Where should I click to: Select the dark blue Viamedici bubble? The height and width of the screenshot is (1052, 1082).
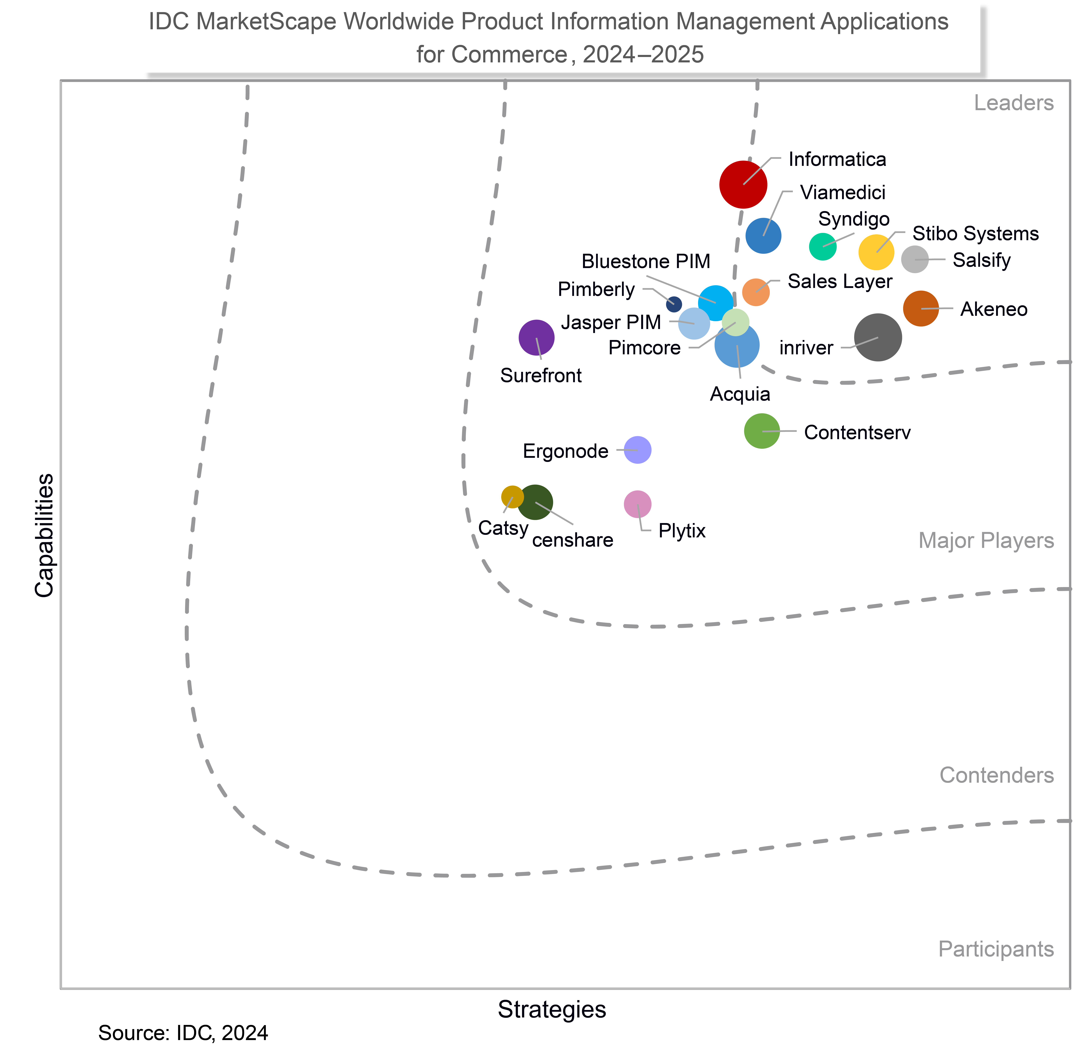click(763, 236)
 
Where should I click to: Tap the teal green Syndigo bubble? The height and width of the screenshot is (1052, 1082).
click(822, 246)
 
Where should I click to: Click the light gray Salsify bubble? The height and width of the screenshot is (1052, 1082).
click(915, 259)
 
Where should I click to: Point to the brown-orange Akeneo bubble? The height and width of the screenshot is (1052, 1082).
click(921, 308)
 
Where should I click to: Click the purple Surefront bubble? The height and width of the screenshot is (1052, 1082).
click(536, 338)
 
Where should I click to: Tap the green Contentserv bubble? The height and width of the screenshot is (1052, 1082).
click(762, 431)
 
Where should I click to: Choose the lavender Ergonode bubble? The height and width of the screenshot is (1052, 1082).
click(637, 450)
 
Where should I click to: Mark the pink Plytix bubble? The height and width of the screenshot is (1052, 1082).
click(637, 504)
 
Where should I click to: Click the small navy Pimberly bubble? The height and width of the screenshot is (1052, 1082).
click(674, 304)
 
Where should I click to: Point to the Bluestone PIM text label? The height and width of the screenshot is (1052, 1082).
click(646, 261)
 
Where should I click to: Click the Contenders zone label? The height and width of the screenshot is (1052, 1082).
click(996, 775)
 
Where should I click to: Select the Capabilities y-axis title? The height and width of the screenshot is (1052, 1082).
click(44, 535)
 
